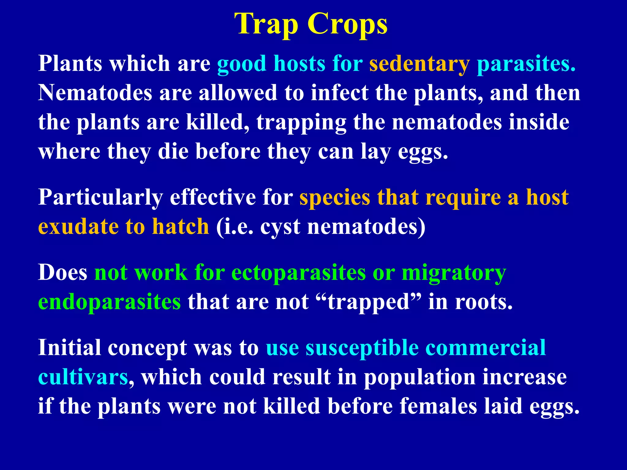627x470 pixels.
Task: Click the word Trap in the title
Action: (x=266, y=24)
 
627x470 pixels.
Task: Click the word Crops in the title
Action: (x=347, y=24)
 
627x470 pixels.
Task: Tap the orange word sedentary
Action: (x=419, y=64)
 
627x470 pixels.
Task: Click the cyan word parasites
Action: (x=526, y=64)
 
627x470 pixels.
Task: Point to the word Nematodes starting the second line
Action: (x=95, y=93)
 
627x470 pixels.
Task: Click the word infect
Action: (x=339, y=93)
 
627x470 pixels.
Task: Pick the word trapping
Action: (x=301, y=123)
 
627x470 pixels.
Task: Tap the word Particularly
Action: (x=100, y=197)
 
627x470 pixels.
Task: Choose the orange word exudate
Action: (x=78, y=227)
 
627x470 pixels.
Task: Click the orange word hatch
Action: (x=181, y=227)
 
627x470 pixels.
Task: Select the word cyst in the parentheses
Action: (x=280, y=227)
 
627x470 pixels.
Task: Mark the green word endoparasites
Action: (x=109, y=302)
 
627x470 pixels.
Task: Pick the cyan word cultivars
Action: (x=83, y=377)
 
